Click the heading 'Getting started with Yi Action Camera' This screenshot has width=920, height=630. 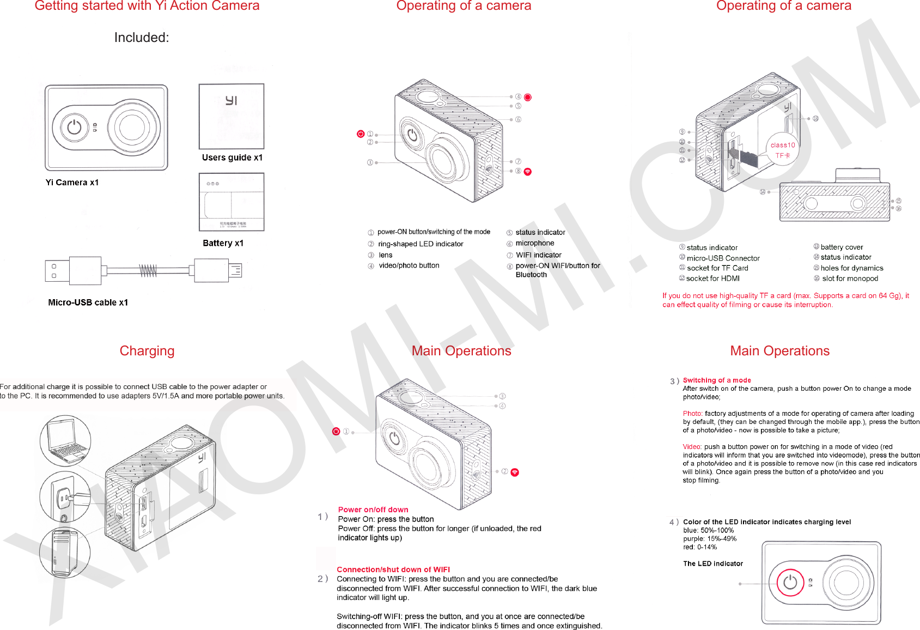147,6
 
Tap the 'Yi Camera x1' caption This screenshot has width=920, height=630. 72,183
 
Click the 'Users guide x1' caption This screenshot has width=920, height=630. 232,157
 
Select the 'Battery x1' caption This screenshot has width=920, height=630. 223,243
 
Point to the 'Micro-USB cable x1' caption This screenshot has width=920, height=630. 88,302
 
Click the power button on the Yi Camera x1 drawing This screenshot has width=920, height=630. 75,128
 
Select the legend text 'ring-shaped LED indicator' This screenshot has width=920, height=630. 421,244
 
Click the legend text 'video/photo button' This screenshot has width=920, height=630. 409,265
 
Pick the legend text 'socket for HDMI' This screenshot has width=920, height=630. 712,278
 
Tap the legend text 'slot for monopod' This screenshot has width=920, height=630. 850,278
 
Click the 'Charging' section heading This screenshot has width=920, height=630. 147,351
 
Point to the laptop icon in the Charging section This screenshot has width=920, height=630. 65,440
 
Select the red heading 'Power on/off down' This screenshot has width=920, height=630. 373,510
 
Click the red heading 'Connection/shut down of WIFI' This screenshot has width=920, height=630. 393,570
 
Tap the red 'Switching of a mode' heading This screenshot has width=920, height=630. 717,380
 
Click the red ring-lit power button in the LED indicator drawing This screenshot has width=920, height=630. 790,583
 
